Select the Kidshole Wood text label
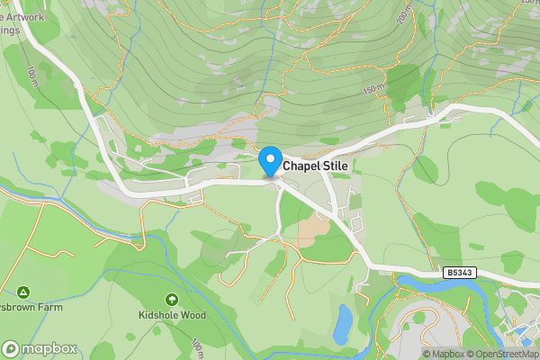click(x=172, y=315)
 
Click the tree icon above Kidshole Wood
click(x=172, y=299)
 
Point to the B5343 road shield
click(x=460, y=272)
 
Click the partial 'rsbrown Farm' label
click(x=31, y=307)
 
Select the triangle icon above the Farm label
click(x=22, y=292)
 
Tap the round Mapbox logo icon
click(x=11, y=348)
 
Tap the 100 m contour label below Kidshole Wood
click(x=196, y=346)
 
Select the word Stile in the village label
click(x=335, y=166)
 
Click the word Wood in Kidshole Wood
click(x=193, y=315)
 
